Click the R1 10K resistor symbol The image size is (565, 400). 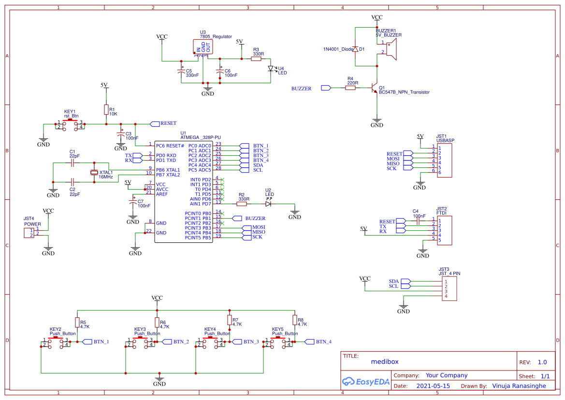(x=106, y=110)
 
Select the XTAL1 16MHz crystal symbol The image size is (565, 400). (x=94, y=173)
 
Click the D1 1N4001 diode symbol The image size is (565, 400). (x=355, y=49)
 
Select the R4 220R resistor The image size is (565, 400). (x=351, y=88)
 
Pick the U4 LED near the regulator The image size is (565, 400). (x=271, y=69)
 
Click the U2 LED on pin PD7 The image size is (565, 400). (x=268, y=204)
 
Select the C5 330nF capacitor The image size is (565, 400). (x=182, y=72)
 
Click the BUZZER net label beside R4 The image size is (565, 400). (x=301, y=89)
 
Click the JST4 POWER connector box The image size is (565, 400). (x=29, y=233)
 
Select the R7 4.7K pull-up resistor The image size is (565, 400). (x=230, y=320)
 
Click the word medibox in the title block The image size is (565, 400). (x=385, y=361)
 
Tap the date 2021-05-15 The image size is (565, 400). (x=433, y=386)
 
